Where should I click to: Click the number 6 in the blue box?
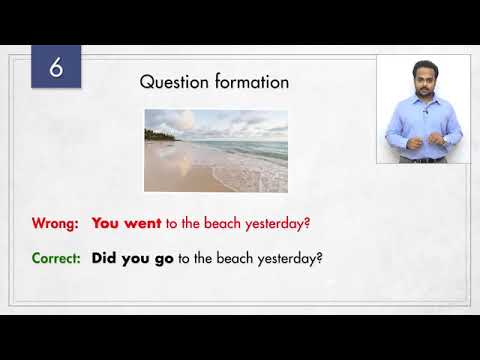56,68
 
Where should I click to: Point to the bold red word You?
106,224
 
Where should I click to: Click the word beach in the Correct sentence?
236,257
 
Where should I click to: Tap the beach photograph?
216,150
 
